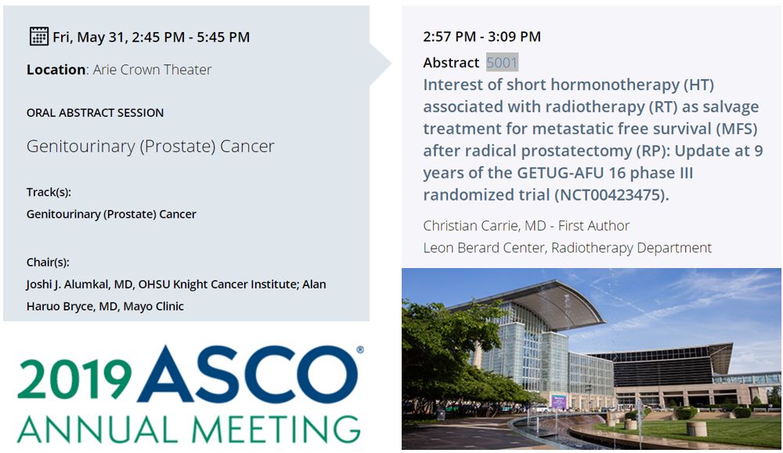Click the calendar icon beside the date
pyautogui.click(x=38, y=36)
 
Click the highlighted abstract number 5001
pyautogui.click(x=502, y=63)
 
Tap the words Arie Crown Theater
pyautogui.click(x=152, y=70)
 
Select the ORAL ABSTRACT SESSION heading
pyautogui.click(x=95, y=113)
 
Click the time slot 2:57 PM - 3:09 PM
pyautogui.click(x=482, y=37)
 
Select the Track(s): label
pyautogui.click(x=49, y=192)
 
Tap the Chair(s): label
pyautogui.click(x=48, y=263)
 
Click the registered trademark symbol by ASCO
pyautogui.click(x=359, y=350)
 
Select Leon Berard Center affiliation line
pyautogui.click(x=567, y=248)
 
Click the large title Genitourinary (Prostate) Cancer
pyautogui.click(x=150, y=147)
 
